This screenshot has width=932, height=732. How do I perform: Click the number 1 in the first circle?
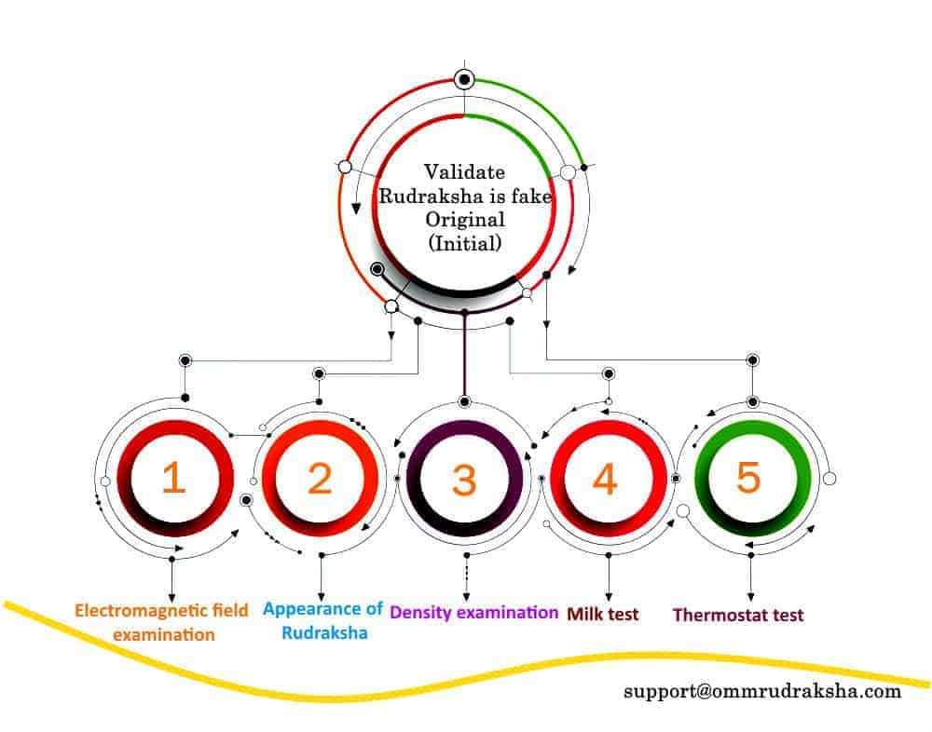pos(173,479)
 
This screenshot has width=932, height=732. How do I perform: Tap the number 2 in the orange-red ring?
pos(320,479)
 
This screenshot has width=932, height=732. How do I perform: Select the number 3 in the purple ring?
pos(464,479)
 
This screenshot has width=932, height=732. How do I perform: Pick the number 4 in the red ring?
pos(605,479)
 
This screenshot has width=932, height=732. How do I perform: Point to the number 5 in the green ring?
pos(748,477)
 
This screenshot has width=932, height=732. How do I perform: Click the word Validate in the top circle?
pos(465,172)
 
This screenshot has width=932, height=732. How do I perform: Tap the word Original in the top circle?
pos(465,219)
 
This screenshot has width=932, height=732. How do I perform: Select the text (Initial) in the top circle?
pos(465,243)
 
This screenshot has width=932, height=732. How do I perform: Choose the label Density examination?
pos(473,613)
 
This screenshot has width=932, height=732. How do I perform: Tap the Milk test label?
pos(603,615)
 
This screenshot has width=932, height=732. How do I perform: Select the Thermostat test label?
pos(738,615)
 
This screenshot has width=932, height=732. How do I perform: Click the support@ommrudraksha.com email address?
pos(762,692)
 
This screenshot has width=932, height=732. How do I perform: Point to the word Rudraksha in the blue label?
pos(324,632)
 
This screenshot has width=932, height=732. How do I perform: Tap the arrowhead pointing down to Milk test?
pos(608,597)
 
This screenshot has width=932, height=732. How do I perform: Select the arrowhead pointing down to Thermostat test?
pos(750,597)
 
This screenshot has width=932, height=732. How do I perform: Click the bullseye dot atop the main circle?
pos(464,79)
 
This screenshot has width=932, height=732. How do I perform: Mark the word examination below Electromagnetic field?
pos(164,635)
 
